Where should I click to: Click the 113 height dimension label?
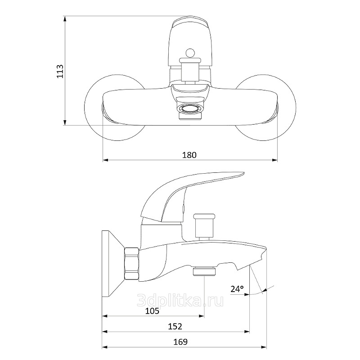60,71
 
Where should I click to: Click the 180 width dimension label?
189,155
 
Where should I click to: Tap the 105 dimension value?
152,311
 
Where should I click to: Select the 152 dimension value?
175,326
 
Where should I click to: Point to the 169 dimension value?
180,342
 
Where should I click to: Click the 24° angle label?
237,289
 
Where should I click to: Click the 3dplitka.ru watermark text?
180,300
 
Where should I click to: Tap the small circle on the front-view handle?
190,53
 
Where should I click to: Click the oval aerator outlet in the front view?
190,108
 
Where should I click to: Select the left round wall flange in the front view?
115,108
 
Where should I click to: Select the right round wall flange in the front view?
265,108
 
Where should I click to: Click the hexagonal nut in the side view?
132,264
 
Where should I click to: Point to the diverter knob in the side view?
204,226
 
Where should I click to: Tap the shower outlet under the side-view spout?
204,271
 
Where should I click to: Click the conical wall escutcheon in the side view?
113,264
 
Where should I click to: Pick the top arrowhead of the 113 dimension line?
65,18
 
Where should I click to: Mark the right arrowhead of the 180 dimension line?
275,160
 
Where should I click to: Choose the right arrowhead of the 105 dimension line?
202,316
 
